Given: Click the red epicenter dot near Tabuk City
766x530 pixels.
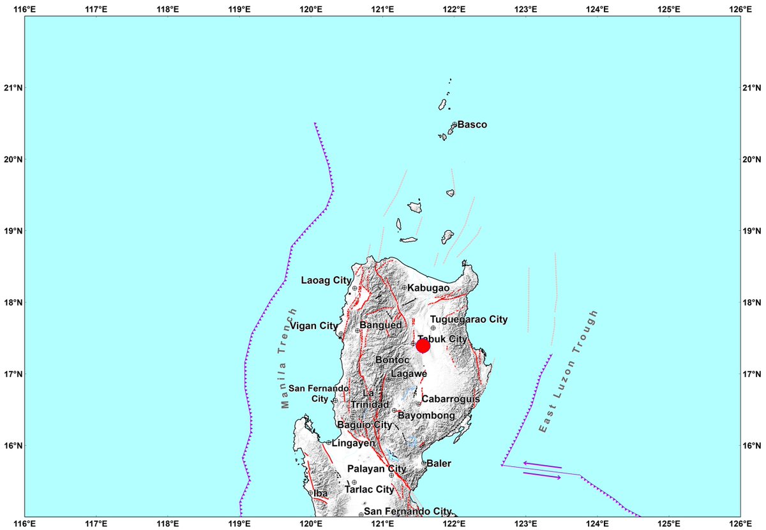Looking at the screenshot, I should (x=423, y=346).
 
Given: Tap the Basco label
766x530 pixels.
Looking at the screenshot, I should (x=472, y=124).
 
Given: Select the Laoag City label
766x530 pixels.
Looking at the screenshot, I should (x=326, y=280).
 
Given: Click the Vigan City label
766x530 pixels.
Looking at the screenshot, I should (x=313, y=326).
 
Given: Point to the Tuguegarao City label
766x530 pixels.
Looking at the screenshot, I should (x=469, y=320).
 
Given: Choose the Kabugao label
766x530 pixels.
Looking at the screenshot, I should (x=428, y=288).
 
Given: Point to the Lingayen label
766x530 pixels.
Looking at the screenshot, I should (x=354, y=443).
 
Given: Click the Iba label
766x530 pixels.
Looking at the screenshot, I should (x=320, y=493).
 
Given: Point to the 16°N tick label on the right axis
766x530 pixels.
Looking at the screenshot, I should (x=753, y=445).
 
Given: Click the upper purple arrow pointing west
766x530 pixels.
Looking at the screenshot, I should (x=542, y=465).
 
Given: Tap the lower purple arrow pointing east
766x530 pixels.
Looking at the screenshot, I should (x=542, y=475).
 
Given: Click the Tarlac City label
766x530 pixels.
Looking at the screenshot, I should (x=369, y=490).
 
